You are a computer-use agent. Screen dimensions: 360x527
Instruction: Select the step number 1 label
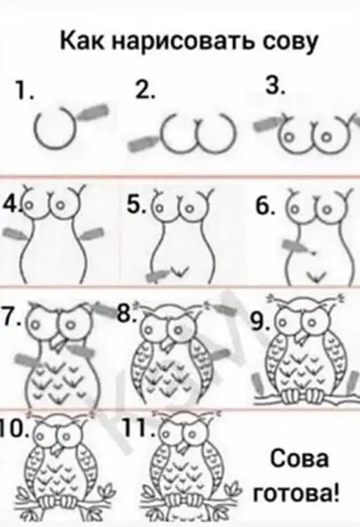tap(24, 91)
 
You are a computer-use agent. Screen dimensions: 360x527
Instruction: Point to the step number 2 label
tap(145, 89)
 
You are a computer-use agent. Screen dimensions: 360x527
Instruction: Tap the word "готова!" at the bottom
tap(296, 492)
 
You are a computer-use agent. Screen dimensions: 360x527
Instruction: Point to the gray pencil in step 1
tap(93, 112)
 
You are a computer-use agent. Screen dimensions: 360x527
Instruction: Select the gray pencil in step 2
tap(144, 142)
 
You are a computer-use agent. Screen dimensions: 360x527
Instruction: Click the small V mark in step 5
tap(178, 271)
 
